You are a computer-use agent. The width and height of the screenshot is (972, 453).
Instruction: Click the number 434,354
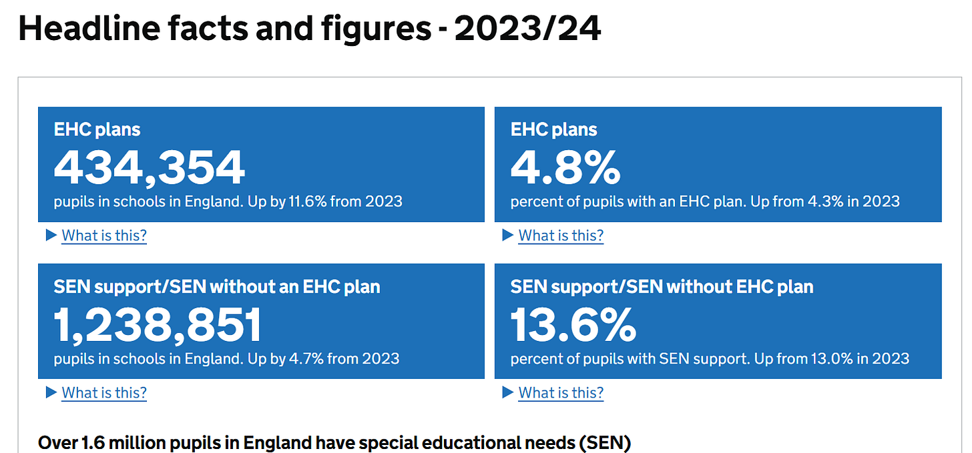pyautogui.click(x=150, y=167)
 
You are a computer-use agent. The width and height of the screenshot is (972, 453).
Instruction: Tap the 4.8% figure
pyautogui.click(x=565, y=167)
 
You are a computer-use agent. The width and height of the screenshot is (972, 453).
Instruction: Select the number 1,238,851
pyautogui.click(x=158, y=325)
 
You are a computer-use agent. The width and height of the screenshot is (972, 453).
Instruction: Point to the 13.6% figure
pyautogui.click(x=573, y=325)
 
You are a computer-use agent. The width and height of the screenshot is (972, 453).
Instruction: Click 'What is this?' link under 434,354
pyautogui.click(x=104, y=236)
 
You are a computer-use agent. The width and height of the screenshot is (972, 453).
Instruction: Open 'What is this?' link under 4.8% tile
pyautogui.click(x=561, y=236)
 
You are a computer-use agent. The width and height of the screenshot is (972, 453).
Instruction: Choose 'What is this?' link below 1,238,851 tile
pyautogui.click(x=104, y=393)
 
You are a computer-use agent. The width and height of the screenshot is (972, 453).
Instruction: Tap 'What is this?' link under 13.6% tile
pyautogui.click(x=561, y=393)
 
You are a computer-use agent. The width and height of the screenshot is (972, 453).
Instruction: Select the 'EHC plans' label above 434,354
pyautogui.click(x=97, y=129)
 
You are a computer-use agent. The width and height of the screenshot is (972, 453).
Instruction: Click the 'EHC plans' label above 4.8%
pyautogui.click(x=554, y=129)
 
